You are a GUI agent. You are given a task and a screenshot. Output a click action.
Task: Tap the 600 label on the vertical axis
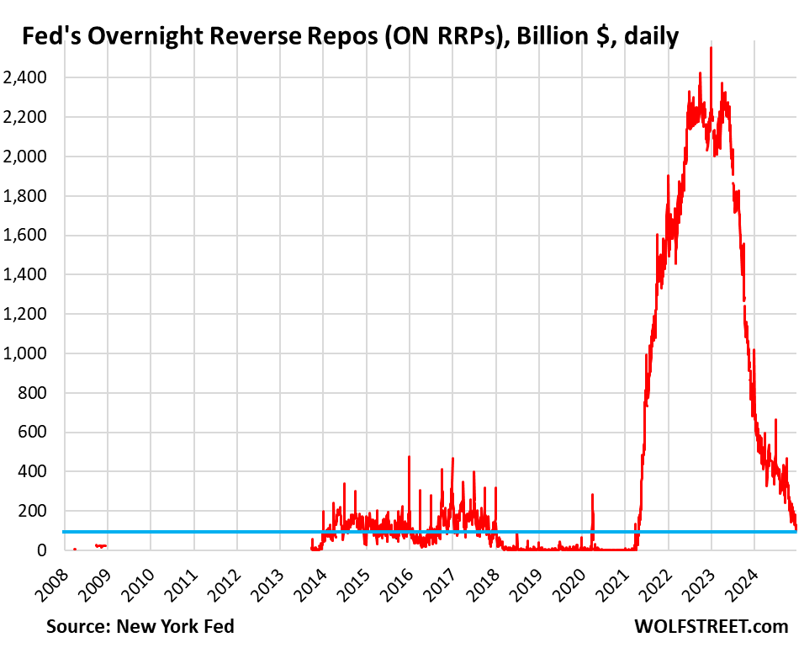click(32, 433)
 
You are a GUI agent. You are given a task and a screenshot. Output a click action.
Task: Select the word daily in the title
click(648, 38)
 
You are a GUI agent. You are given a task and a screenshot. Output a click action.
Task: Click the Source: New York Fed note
click(140, 626)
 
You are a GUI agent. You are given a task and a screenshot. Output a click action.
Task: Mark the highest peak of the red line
click(711, 49)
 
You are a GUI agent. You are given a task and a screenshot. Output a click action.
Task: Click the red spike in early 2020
click(592, 495)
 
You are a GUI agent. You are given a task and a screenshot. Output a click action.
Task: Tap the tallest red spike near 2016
click(409, 457)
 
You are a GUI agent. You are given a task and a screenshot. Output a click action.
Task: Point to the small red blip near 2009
click(100, 546)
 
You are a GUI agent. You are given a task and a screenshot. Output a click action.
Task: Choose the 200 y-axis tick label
click(32, 512)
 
